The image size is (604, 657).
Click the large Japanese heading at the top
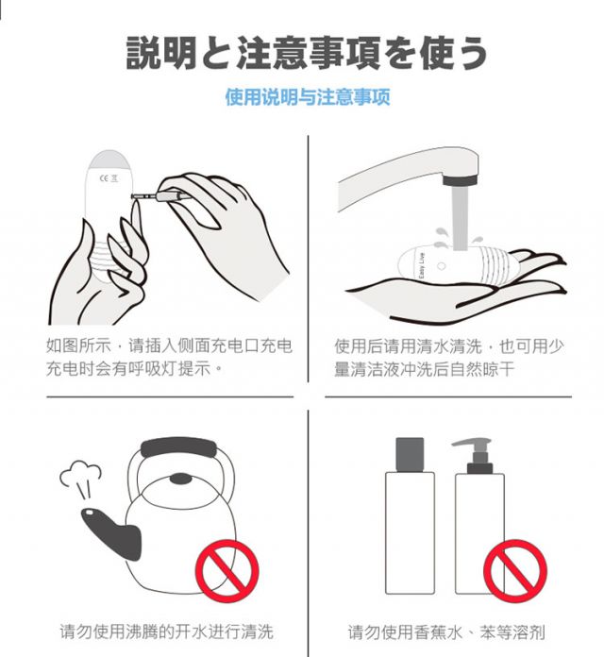pyautogui.click(x=307, y=53)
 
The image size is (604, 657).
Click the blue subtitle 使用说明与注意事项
pyautogui.click(x=308, y=97)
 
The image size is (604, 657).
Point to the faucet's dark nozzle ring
pyautogui.click(x=460, y=180)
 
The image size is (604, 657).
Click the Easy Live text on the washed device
pyautogui.click(x=421, y=265)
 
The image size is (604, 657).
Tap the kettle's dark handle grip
pyautogui.click(x=179, y=447)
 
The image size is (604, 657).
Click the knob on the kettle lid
pyautogui.click(x=180, y=478)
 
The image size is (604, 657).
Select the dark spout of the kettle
pyautogui.click(x=111, y=533)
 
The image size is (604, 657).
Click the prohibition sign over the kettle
pyautogui.click(x=227, y=571)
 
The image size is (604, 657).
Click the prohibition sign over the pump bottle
pyautogui.click(x=515, y=571)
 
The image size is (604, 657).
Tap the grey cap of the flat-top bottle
pyautogui.click(x=410, y=454)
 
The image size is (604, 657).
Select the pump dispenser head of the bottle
pyautogui.click(x=476, y=455)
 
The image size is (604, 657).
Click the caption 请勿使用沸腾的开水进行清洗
pyautogui.click(x=166, y=631)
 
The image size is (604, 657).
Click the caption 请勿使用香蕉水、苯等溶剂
pyautogui.click(x=446, y=632)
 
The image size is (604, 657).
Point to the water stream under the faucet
pyautogui.click(x=460, y=217)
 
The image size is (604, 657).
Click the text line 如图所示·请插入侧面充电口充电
pyautogui.click(x=169, y=345)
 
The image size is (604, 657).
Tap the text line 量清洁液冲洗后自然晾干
pyautogui.click(x=424, y=369)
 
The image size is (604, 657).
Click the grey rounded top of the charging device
pyautogui.click(x=109, y=160)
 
